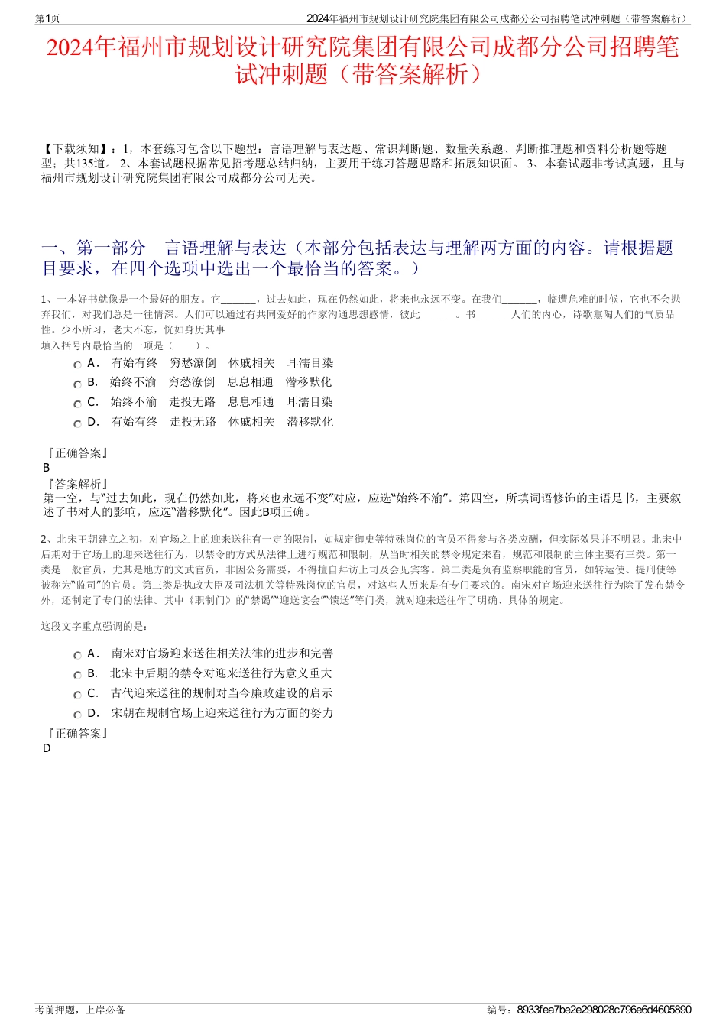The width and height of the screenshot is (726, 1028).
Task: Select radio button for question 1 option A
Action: point(77,365)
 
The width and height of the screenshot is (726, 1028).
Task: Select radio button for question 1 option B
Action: point(77,384)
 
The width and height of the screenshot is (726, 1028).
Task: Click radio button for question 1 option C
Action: point(77,404)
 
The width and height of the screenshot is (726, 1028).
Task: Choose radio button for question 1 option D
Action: point(77,424)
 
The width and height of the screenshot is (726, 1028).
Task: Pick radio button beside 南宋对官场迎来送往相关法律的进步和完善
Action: point(77,656)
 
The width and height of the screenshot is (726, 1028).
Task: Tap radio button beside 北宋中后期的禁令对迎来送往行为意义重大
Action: point(77,676)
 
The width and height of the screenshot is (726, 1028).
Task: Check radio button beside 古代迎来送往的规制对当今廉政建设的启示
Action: point(77,696)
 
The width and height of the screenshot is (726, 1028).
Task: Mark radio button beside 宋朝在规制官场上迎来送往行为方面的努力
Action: point(77,715)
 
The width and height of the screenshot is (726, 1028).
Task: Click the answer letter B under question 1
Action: point(47,468)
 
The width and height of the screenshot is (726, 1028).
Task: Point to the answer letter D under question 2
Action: point(47,748)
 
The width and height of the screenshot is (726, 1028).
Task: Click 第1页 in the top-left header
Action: point(48,18)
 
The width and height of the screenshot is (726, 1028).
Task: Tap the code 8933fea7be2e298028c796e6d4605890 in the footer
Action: point(604,1010)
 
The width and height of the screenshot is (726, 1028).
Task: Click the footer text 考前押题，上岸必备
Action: point(80,1010)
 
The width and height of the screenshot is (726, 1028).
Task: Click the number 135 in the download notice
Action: point(86,164)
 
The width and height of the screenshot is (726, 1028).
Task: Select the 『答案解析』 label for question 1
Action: point(77,484)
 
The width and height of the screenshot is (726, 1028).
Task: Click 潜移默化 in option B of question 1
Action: point(309,382)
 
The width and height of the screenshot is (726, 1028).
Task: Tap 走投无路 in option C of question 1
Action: point(192,402)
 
